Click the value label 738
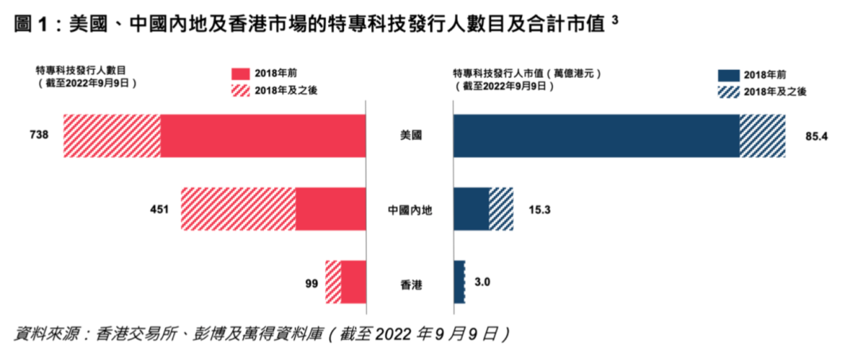tap(40, 136)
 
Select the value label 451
tap(160, 210)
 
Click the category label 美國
tap(410, 136)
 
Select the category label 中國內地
tap(410, 211)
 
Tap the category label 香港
tap(410, 283)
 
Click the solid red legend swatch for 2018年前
tap(240, 73)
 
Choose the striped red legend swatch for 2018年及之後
tap(240, 91)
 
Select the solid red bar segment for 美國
tap(263, 136)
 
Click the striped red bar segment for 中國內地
tap(238, 210)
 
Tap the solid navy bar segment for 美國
tap(596, 136)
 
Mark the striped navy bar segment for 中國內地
tap(500, 210)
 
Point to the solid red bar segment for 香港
tap(354, 282)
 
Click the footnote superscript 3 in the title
tap(616, 20)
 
